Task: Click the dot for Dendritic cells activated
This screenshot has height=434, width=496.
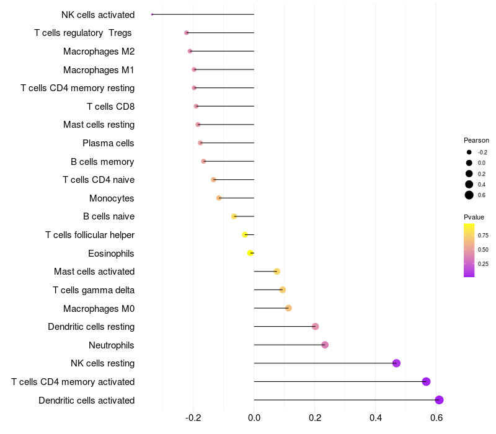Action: click(439, 400)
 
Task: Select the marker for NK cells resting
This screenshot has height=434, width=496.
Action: click(396, 363)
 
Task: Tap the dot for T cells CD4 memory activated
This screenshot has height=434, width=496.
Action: click(426, 381)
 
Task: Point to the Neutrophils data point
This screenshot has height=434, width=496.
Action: click(325, 345)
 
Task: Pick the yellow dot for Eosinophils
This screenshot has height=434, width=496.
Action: click(250, 253)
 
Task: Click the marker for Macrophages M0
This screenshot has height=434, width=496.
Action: click(288, 308)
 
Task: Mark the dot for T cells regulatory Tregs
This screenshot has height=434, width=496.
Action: click(187, 33)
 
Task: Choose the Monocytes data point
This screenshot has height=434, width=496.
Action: click(219, 198)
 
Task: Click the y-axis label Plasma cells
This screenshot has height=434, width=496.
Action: click(108, 143)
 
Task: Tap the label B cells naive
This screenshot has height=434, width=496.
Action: click(108, 216)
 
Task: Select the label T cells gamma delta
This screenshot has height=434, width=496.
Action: click(94, 290)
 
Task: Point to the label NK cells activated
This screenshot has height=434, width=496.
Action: click(98, 14)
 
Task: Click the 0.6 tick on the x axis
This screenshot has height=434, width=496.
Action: click(436, 418)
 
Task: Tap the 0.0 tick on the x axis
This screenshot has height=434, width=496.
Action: click(254, 418)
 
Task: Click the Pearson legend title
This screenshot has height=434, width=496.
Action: click(476, 140)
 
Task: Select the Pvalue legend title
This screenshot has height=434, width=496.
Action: click(474, 217)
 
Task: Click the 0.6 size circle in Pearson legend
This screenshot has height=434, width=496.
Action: click(469, 195)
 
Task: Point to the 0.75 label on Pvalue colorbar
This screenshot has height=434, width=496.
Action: click(483, 236)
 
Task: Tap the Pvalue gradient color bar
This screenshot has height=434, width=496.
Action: click(469, 250)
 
